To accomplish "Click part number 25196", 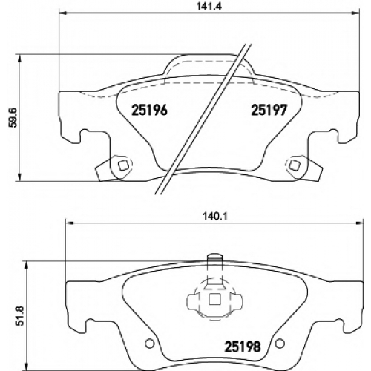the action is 149,110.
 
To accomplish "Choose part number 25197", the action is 269,110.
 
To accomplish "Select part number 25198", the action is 243,347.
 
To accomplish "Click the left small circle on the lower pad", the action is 149,344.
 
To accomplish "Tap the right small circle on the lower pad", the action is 280,344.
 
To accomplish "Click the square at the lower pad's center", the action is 214,300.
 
